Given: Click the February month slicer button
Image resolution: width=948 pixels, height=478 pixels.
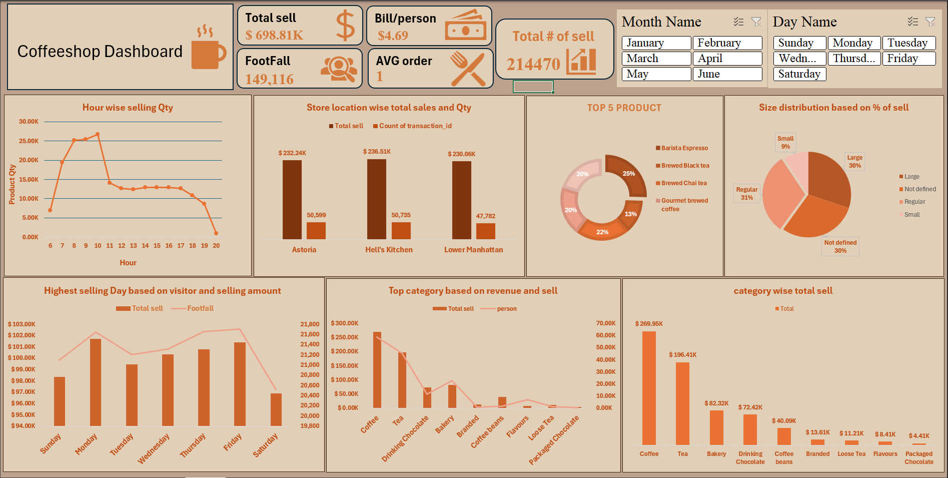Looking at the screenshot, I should point(727,43).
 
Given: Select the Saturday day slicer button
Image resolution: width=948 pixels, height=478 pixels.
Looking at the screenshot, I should point(799,74).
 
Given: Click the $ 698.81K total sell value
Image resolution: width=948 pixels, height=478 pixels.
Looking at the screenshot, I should point(274,35).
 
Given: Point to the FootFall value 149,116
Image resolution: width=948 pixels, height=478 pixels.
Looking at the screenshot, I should point(269,79).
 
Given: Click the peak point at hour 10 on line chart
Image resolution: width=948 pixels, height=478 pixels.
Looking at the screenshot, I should point(98,134).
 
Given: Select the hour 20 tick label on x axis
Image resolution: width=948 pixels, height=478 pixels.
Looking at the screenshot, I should point(216,246).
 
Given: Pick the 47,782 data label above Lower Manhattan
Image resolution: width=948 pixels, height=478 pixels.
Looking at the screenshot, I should point(485,216).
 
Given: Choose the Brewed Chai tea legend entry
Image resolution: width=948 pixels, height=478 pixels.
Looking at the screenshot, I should point(683,183).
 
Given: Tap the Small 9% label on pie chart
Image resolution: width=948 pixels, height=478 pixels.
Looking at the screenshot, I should point(785,143).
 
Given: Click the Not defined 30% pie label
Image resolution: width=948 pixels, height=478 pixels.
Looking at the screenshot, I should point(840,247).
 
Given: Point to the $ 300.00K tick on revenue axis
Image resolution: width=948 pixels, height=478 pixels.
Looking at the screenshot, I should point(345,323).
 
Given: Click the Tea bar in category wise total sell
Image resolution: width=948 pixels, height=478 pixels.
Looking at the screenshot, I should point(682,403).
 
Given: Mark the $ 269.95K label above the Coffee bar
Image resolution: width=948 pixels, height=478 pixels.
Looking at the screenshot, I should point(649,324).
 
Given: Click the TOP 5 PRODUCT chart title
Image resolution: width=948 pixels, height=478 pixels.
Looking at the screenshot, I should point(624,108).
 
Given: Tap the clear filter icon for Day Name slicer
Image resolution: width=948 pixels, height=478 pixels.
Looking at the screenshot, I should point(930,22).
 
